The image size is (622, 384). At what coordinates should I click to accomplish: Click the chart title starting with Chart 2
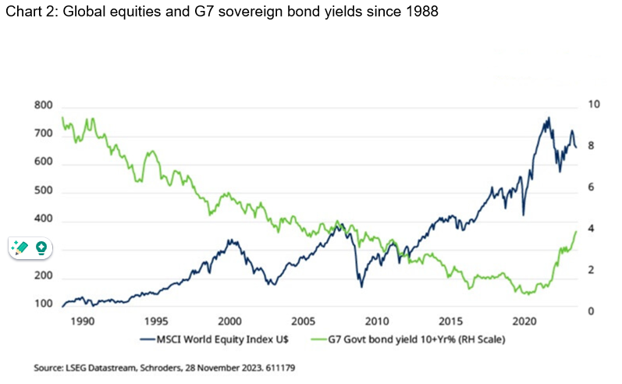tap(220, 12)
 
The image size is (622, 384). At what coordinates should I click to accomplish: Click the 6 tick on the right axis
tap(590, 187)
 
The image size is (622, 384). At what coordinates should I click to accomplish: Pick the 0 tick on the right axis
tap(590, 311)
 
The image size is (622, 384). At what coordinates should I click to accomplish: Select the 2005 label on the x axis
tap(302, 322)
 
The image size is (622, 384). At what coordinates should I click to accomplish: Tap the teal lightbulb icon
tap(41, 248)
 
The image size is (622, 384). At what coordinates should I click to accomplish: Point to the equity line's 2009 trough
tap(361, 286)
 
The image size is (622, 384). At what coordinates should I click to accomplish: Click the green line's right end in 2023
tap(576, 231)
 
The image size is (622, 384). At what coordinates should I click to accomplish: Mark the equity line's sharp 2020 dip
tap(523, 215)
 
